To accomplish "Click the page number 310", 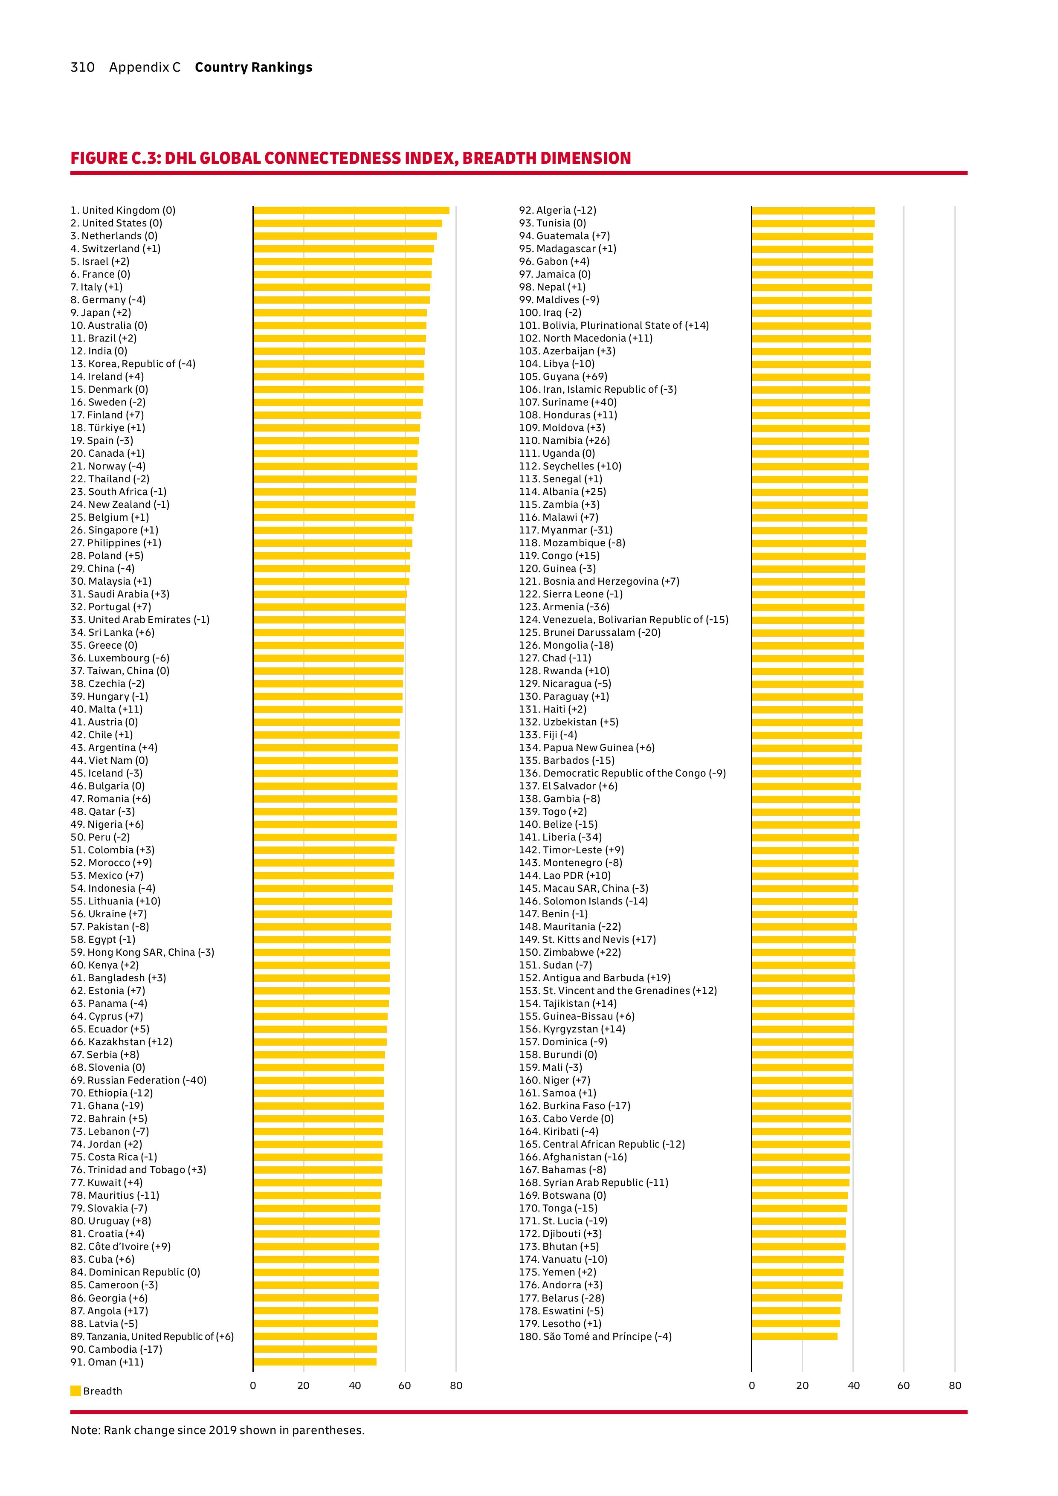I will pyautogui.click(x=83, y=67).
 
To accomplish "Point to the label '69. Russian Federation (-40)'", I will pyautogui.click(x=138, y=1080).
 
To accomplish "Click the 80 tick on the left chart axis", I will pyautogui.click(x=456, y=1385).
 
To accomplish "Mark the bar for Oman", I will pyautogui.click(x=315, y=1362).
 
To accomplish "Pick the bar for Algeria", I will pyautogui.click(x=813, y=211).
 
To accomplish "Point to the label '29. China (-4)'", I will pyautogui.click(x=102, y=568).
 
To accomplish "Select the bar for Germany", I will pyautogui.click(x=342, y=300).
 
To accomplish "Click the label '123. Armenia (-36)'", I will pyautogui.click(x=564, y=606).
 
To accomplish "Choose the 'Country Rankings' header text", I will pyautogui.click(x=253, y=67).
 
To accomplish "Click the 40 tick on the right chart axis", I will pyautogui.click(x=853, y=1385).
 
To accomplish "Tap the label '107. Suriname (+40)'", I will pyautogui.click(x=568, y=402).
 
